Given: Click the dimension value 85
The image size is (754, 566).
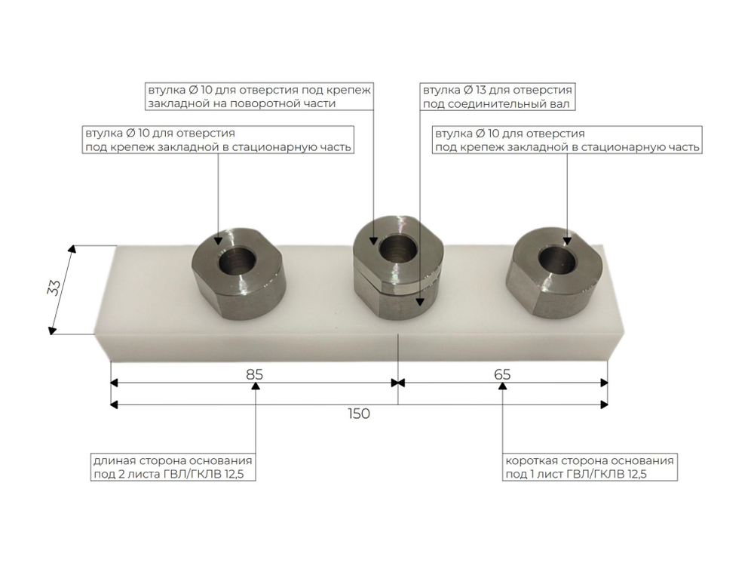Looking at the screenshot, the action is click(254, 374).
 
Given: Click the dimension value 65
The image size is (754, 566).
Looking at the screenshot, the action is click(502, 374).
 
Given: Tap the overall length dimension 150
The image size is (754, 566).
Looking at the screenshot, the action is click(359, 414).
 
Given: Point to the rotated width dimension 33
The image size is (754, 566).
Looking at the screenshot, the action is click(54, 288).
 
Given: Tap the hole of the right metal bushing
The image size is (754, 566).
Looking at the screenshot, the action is click(557, 260).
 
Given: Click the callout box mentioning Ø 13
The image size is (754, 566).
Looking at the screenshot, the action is click(498, 97).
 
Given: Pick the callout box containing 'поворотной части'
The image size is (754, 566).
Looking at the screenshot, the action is click(259, 97).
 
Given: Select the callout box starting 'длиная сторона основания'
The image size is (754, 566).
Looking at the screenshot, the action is click(173, 467).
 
